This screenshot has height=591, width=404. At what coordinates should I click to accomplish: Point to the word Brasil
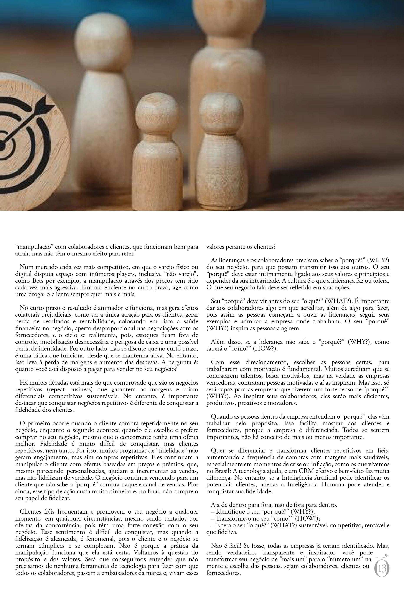[222, 471]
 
